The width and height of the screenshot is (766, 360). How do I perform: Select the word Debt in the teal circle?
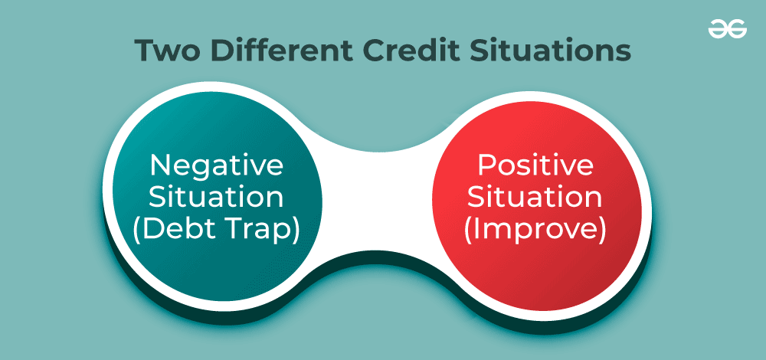[174, 230]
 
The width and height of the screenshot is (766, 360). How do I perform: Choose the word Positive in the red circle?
[536, 165]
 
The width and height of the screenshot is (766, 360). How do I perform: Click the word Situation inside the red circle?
[536, 197]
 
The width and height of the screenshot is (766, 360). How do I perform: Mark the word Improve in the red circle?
[536, 230]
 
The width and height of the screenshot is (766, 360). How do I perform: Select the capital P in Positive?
[485, 165]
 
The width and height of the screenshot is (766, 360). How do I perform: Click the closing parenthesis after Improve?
[603, 230]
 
